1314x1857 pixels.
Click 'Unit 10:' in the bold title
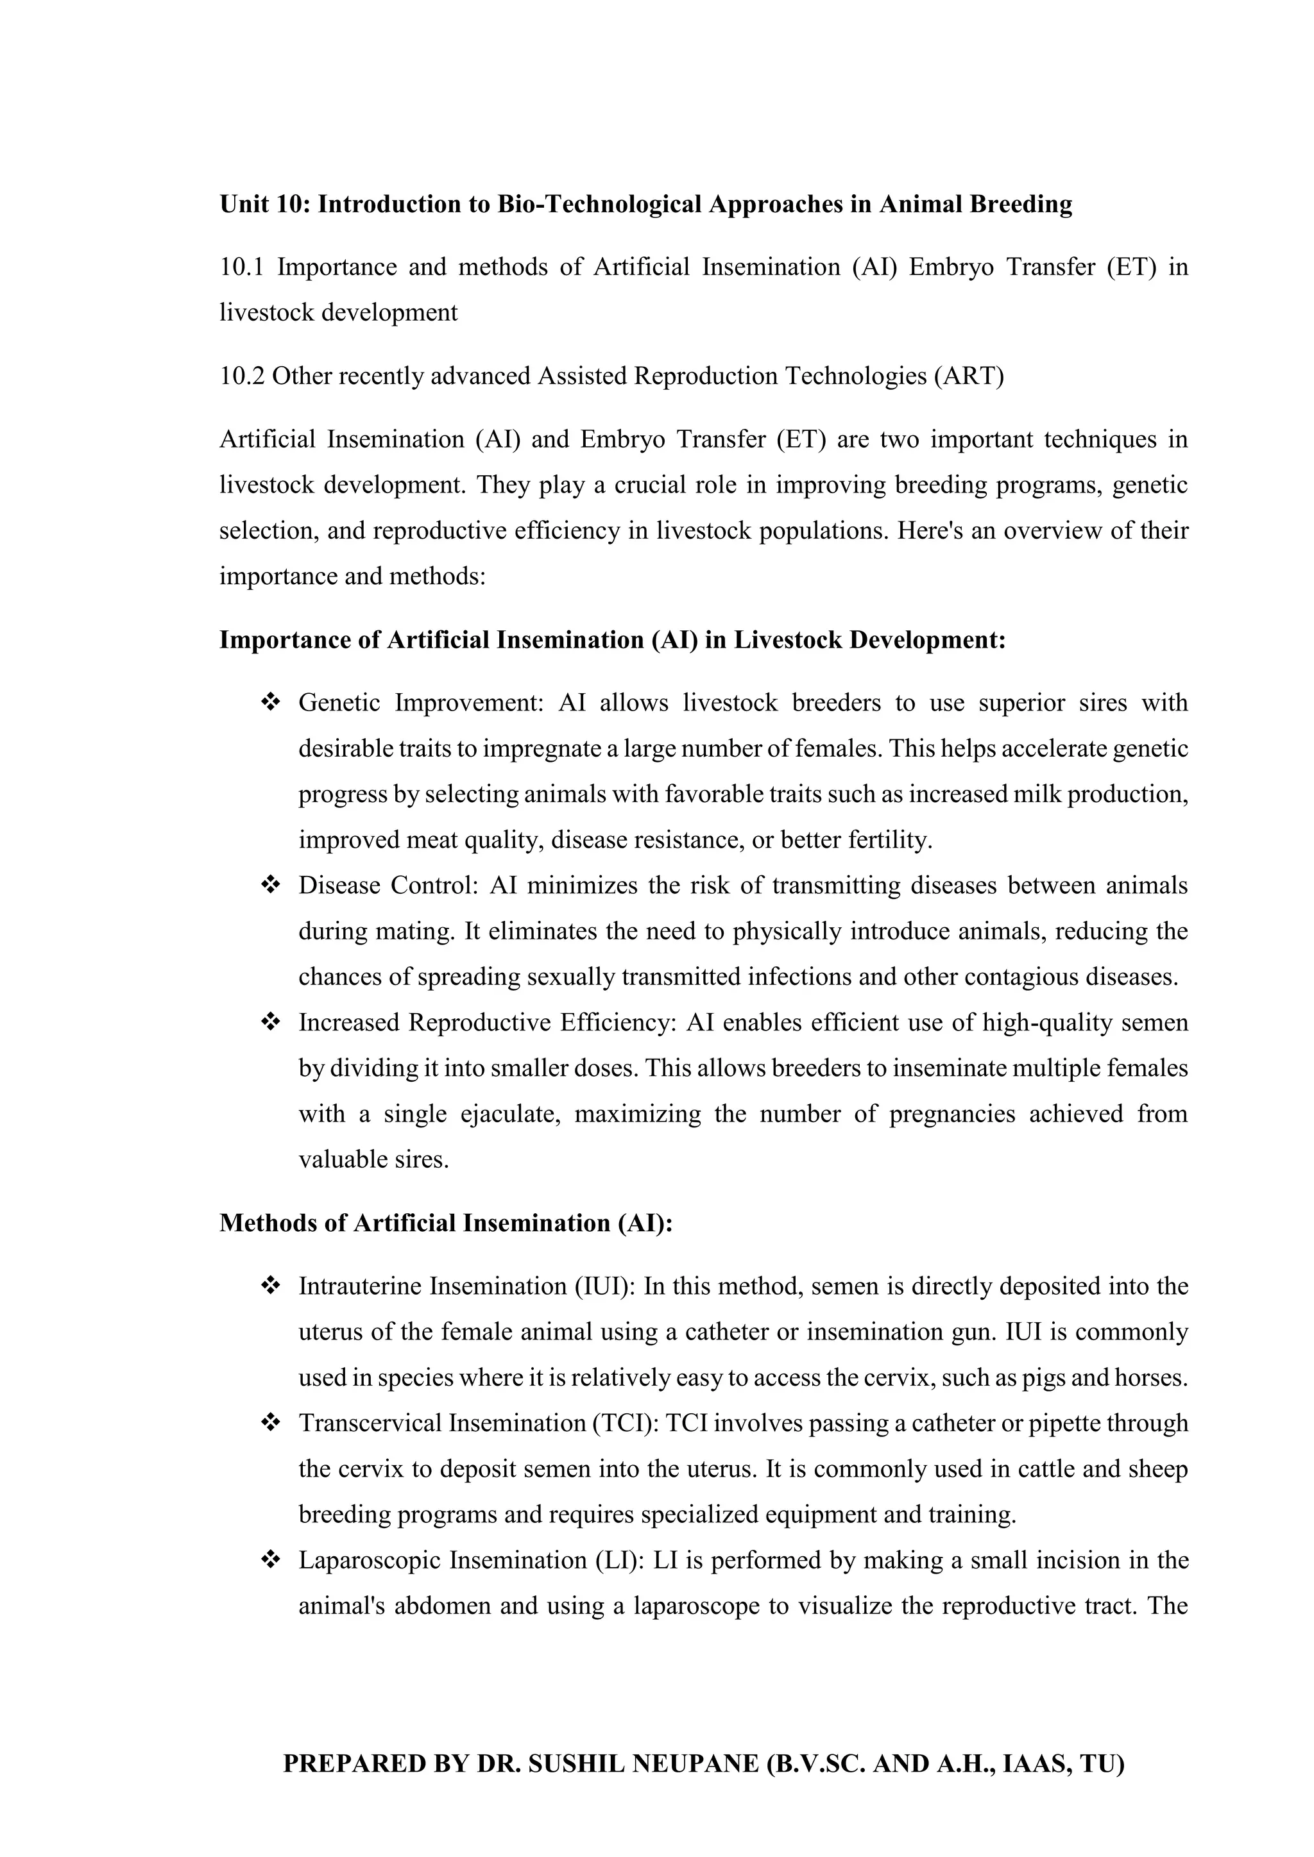point(264,205)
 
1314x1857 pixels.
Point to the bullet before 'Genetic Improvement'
point(270,703)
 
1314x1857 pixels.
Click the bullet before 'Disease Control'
point(270,886)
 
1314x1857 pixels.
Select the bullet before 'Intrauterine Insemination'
point(270,1286)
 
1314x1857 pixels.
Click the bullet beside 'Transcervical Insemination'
point(270,1423)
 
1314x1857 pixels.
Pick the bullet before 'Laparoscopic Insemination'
point(270,1560)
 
